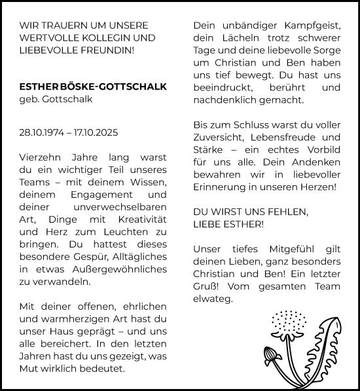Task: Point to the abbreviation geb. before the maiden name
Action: point(28,99)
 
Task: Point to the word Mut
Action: point(28,369)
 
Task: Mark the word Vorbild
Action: point(322,149)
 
